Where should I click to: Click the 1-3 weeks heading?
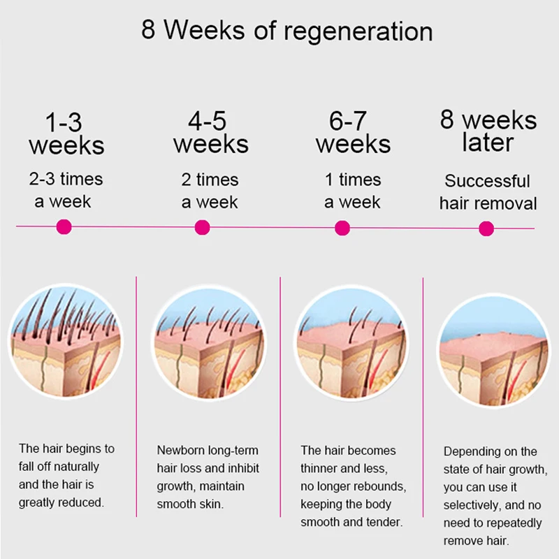[x=66, y=133]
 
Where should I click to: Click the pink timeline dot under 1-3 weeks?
[x=64, y=226]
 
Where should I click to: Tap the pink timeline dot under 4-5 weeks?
[x=203, y=227]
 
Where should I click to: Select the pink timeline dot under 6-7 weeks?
[x=342, y=228]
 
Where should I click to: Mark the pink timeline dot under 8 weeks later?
[x=486, y=228]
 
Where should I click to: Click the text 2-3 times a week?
[x=65, y=191]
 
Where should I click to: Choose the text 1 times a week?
[x=352, y=191]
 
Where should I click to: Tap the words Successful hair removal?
[x=488, y=192]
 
